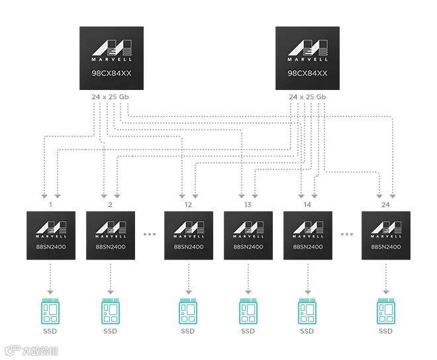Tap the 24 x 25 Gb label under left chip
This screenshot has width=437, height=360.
click(x=111, y=97)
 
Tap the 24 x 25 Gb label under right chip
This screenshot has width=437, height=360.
click(x=307, y=97)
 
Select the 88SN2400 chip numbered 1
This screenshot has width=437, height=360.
click(x=50, y=234)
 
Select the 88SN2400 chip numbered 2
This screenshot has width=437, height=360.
click(x=110, y=234)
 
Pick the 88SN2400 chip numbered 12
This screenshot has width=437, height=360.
click(x=188, y=234)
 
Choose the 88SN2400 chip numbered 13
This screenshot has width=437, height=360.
click(x=248, y=234)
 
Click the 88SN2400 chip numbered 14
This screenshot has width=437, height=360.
click(x=307, y=234)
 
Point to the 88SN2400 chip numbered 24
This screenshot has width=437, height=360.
click(x=385, y=234)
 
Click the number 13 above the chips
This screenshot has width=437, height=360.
click(x=248, y=205)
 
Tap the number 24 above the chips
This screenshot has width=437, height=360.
click(x=385, y=205)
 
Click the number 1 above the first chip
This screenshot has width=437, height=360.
click(x=50, y=205)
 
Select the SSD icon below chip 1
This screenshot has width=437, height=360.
click(x=50, y=311)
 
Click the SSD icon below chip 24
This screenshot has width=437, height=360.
click(x=385, y=311)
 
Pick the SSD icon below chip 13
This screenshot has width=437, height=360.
click(x=248, y=311)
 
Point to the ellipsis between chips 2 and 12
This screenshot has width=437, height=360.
click(x=149, y=234)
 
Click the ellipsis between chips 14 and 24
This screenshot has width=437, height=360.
click(x=346, y=234)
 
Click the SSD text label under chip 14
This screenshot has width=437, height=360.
click(x=307, y=331)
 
